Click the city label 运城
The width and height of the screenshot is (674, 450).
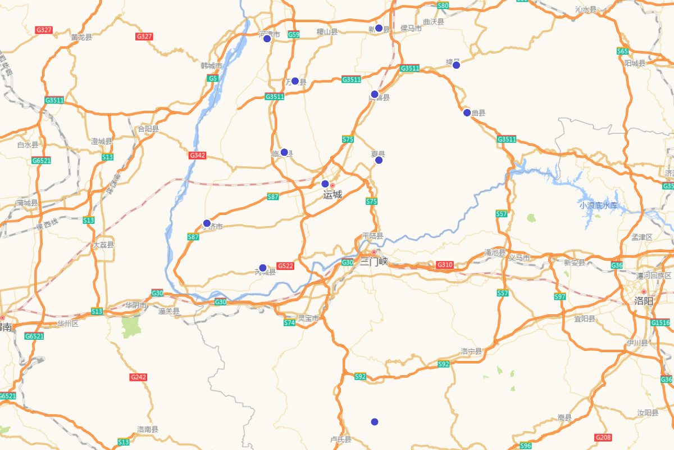point(333,195)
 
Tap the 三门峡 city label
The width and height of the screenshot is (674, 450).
point(374,262)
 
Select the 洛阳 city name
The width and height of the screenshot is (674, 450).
point(644,301)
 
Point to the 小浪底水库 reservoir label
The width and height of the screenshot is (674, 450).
point(599,206)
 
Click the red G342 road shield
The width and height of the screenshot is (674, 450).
point(197,155)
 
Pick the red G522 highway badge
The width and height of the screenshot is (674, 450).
point(285,266)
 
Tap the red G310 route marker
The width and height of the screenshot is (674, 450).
point(445,264)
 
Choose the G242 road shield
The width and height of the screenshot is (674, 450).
point(138,377)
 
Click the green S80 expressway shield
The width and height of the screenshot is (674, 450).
point(443,6)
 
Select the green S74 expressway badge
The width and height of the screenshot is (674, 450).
point(289,323)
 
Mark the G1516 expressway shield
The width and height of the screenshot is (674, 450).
point(661,323)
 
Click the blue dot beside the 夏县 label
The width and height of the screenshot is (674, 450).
point(379,160)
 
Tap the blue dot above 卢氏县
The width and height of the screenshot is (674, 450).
point(375,422)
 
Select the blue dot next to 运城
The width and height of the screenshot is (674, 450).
point(325,184)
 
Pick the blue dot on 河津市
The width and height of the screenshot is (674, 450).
point(267,38)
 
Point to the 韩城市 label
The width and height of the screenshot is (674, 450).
point(211,66)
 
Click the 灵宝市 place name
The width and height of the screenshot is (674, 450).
point(308,318)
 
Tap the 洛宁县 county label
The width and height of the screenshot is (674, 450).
point(471,351)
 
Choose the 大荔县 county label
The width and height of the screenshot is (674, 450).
point(103,245)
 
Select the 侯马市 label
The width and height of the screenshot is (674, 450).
point(411,28)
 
